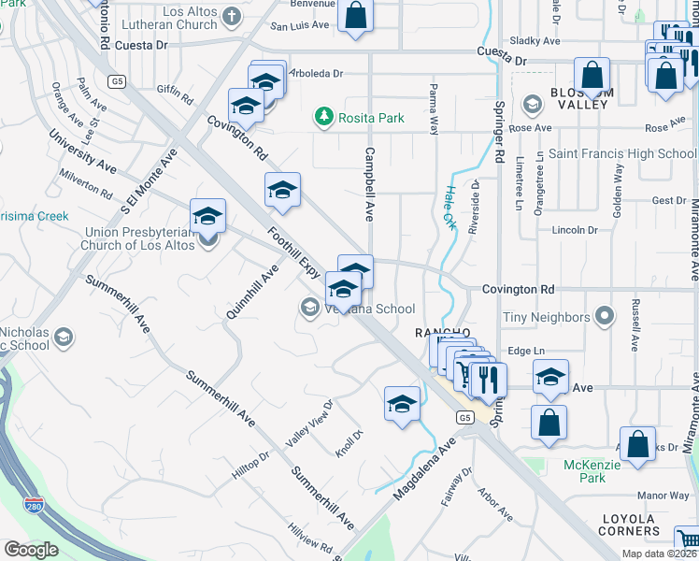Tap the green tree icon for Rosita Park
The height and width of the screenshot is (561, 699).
pyautogui.click(x=324, y=117)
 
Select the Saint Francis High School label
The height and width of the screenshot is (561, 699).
pyautogui.click(x=621, y=153)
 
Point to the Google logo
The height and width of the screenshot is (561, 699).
pyautogui.click(x=31, y=550)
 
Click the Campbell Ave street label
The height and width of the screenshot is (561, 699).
pyautogui.click(x=369, y=183)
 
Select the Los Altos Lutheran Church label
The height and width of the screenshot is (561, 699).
pyautogui.click(x=177, y=18)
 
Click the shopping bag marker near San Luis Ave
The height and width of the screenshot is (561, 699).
pyautogui.click(x=355, y=15)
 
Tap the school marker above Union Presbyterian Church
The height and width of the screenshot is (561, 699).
pyautogui.click(x=207, y=217)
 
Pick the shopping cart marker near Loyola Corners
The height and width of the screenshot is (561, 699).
pyautogui.click(x=687, y=540)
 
